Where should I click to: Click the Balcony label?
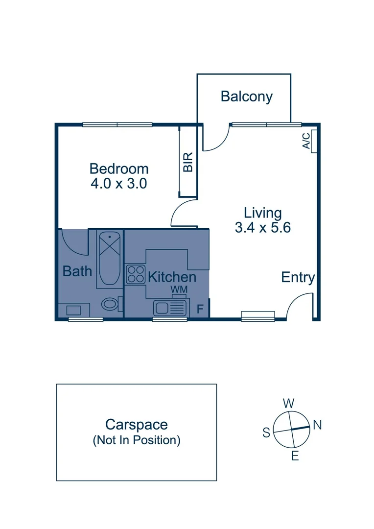click(246, 96)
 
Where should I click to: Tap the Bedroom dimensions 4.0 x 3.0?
click(119, 184)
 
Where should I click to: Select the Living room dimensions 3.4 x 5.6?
click(263, 228)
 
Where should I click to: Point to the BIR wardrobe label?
click(188, 162)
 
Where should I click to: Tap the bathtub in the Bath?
click(109, 260)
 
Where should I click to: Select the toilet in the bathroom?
click(111, 304)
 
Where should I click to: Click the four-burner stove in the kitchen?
click(135, 274)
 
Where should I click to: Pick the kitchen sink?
click(169, 308)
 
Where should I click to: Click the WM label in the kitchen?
click(179, 290)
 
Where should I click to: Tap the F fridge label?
click(199, 309)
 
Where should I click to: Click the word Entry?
click(298, 277)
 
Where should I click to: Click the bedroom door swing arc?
click(182, 215)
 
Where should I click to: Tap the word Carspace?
click(137, 424)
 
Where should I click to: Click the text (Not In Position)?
click(137, 440)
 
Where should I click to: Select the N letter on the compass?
click(317, 425)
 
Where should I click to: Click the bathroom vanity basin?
click(74, 310)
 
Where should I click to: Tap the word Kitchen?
click(172, 277)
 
